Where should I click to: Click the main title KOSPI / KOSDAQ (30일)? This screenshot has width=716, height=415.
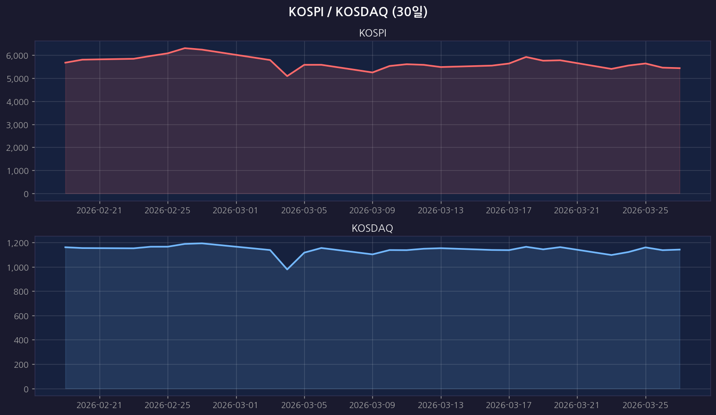click(358, 12)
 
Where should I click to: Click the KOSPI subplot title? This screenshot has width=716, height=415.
click(372, 33)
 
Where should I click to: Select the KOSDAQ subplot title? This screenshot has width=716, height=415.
click(372, 229)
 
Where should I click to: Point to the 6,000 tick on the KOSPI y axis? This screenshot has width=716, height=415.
click(17, 56)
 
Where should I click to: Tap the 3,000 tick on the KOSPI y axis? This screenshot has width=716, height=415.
click(17, 125)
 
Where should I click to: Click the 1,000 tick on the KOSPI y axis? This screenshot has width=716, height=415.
click(17, 171)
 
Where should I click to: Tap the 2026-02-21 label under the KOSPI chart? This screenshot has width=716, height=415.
click(99, 211)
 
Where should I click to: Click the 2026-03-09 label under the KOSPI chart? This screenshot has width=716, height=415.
click(372, 211)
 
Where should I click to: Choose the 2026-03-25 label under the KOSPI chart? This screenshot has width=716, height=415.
click(646, 211)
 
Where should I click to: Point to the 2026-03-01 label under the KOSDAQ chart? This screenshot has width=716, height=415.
click(236, 406)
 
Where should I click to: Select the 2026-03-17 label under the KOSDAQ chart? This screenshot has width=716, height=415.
click(509, 406)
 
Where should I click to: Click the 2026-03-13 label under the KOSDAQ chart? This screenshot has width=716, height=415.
click(440, 406)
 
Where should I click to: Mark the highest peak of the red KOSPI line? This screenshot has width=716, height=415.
click(185, 48)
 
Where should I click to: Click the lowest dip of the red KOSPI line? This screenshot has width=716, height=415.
click(287, 76)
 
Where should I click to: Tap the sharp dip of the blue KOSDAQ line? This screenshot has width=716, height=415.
click(287, 269)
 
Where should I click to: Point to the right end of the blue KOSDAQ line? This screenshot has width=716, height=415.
click(680, 249)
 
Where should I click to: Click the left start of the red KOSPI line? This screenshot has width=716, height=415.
click(65, 62)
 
